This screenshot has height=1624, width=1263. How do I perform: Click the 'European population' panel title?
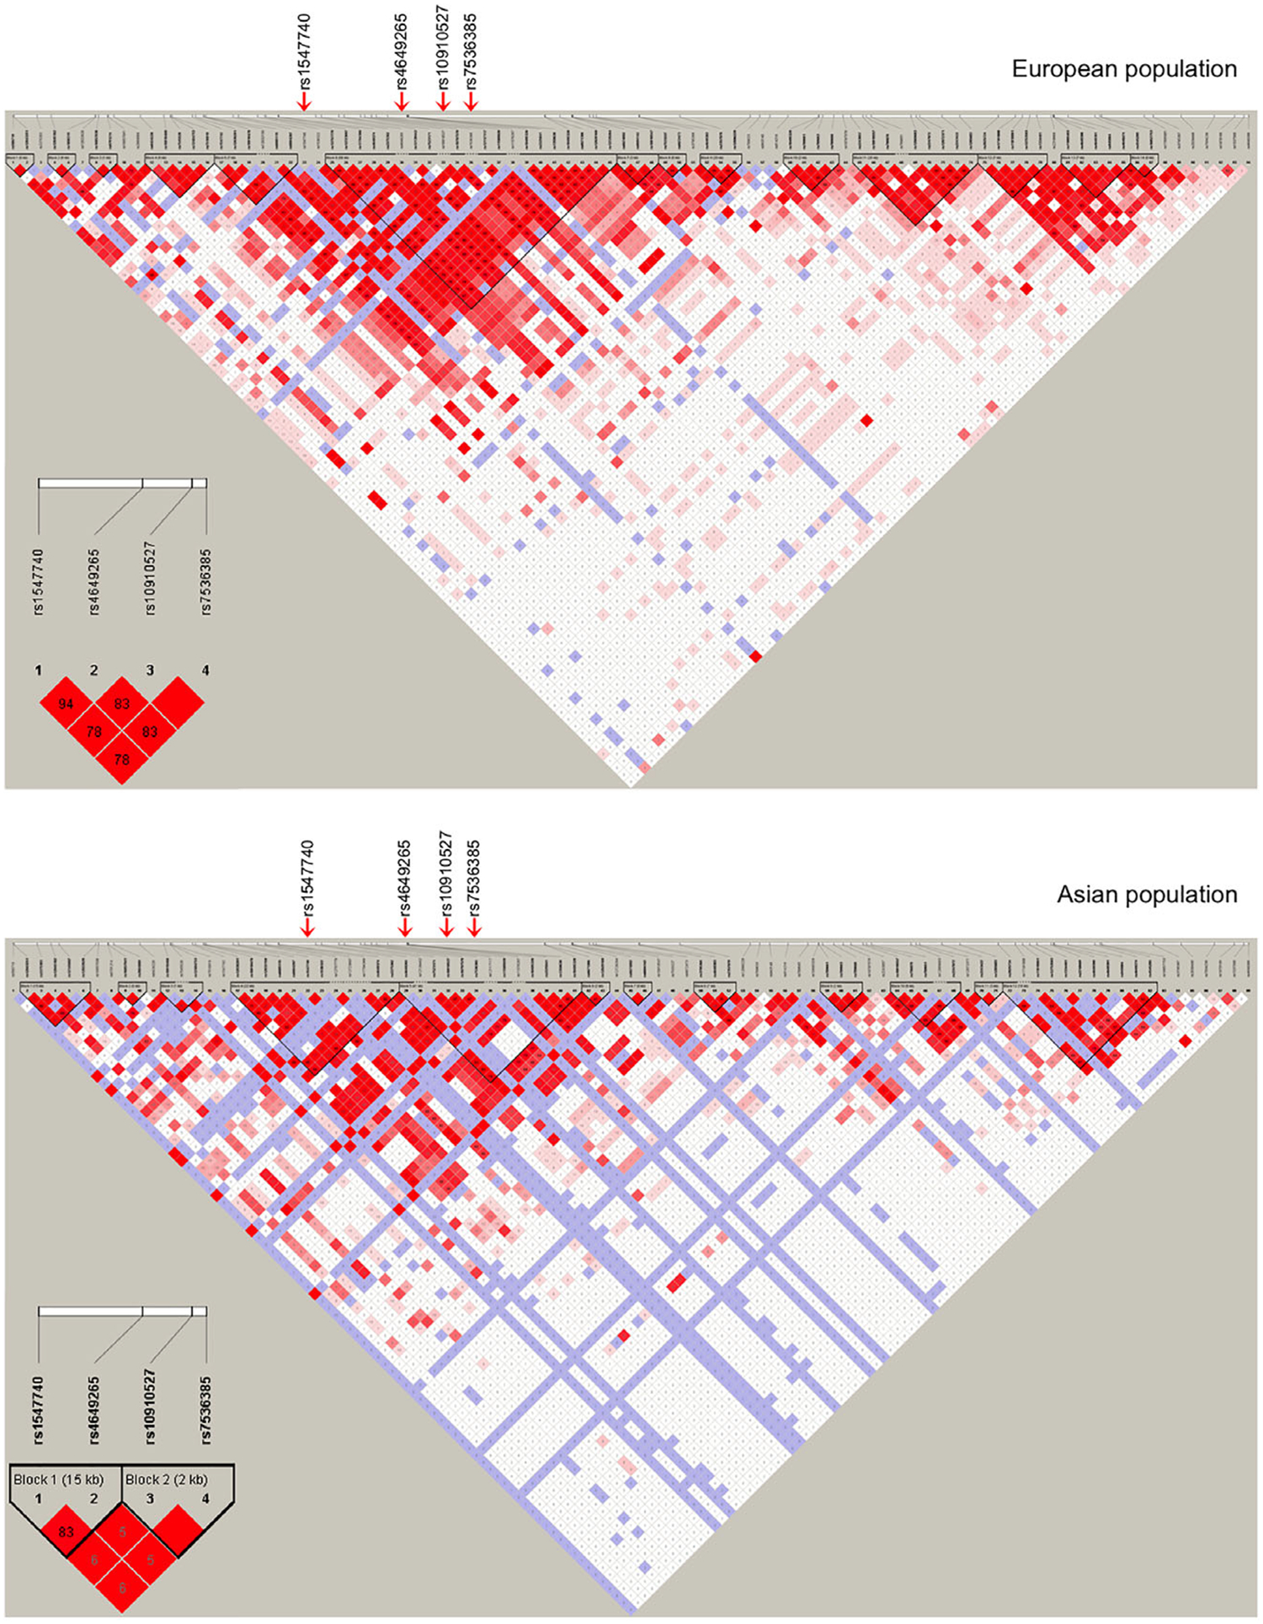(1123, 69)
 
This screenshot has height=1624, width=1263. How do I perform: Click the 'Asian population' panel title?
(1146, 895)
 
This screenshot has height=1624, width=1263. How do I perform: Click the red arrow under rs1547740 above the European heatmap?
(304, 100)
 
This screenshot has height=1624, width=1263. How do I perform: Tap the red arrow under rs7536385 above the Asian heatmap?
(474, 927)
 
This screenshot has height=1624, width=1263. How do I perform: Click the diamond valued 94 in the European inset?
(66, 703)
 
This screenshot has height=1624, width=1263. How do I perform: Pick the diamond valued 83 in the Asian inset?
(66, 1532)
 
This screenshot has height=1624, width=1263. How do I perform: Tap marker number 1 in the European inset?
(39, 670)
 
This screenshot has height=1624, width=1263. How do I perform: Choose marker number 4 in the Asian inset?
(205, 1499)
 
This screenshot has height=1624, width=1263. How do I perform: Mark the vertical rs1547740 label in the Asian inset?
(39, 1411)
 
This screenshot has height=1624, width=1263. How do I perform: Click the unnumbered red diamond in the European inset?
(178, 703)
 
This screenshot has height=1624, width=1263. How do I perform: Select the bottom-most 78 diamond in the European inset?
(122, 760)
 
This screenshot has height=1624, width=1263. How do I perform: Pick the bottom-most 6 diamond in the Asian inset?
(122, 1588)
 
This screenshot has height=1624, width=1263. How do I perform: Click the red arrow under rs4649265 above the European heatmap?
(402, 100)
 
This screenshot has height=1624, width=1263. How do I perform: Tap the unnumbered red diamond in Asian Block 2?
(178, 1532)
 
